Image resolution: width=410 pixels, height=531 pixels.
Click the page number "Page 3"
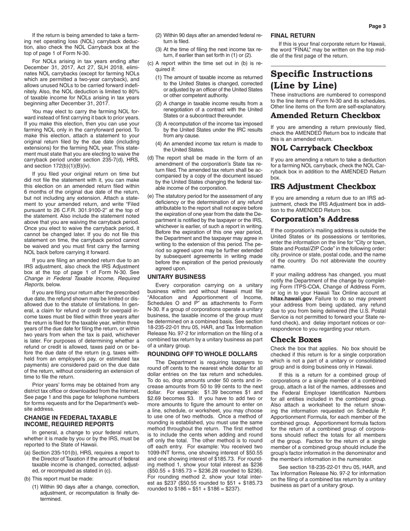[377, 26]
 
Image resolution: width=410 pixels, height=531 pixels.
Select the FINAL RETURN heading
[293, 35]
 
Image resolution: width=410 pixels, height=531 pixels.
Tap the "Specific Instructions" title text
[322, 74]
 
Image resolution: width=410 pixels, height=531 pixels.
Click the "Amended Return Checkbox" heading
[325, 116]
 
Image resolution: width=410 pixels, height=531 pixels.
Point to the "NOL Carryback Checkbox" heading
[322, 148]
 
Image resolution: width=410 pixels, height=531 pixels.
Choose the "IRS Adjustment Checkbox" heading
[323, 187]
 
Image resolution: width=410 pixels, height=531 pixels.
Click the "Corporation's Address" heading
[315, 219]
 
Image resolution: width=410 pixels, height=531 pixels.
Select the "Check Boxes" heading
[296, 340]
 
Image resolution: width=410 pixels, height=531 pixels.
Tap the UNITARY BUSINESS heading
[177, 277]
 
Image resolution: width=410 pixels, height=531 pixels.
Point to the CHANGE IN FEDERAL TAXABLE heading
[70, 418]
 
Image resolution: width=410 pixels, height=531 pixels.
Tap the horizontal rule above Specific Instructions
[328, 66]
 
